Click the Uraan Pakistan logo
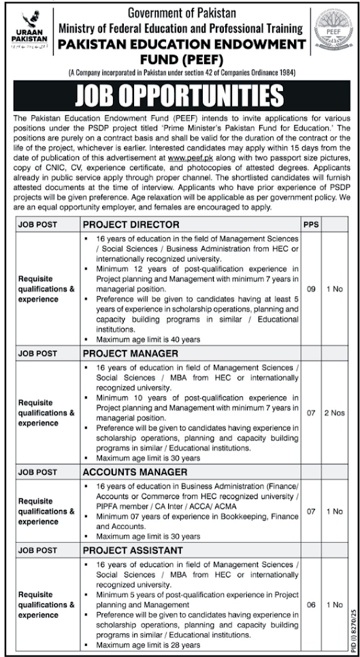28,30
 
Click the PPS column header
310,224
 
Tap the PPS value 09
310,289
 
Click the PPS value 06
310,604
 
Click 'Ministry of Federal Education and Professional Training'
180,29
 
